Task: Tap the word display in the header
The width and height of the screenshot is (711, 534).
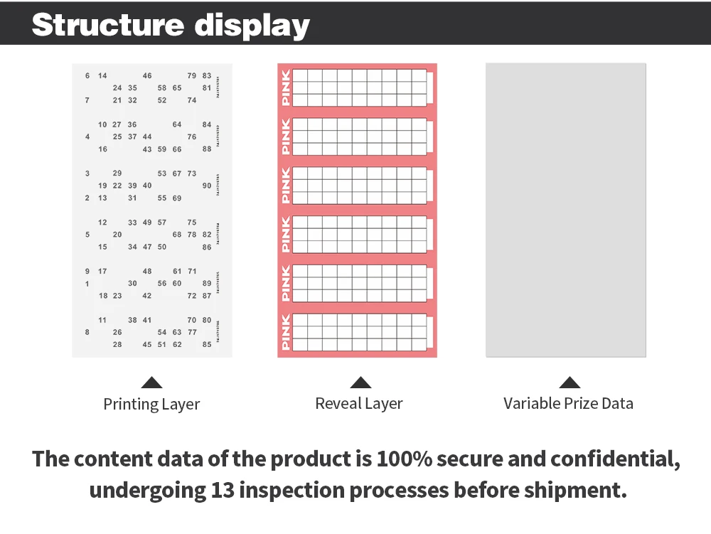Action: pos(252,26)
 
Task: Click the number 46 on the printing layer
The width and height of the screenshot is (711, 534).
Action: pos(147,75)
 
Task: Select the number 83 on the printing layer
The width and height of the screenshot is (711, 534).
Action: pos(207,75)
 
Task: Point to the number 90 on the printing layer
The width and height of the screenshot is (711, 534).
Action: pos(207,186)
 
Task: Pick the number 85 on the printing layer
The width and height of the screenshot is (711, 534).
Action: pos(207,345)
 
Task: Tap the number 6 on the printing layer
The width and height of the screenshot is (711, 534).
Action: pos(87,75)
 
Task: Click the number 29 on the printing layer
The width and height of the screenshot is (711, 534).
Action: pos(117,173)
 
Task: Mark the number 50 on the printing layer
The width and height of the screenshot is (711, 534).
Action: pos(162,247)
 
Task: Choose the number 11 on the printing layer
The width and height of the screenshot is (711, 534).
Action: pos(102,320)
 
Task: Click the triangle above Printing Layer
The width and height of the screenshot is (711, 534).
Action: pos(151,383)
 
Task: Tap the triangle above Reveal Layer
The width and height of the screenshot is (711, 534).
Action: pos(360,383)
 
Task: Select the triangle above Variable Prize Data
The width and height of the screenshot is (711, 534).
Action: pos(569,383)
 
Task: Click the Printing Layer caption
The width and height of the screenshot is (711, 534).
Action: pos(151,405)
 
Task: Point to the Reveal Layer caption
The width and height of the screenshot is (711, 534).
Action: pos(359,404)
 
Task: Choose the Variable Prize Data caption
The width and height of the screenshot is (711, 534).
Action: pos(568,404)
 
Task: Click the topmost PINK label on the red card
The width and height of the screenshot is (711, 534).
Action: pos(286,88)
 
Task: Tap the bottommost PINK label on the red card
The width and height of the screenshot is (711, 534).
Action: pos(286,332)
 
